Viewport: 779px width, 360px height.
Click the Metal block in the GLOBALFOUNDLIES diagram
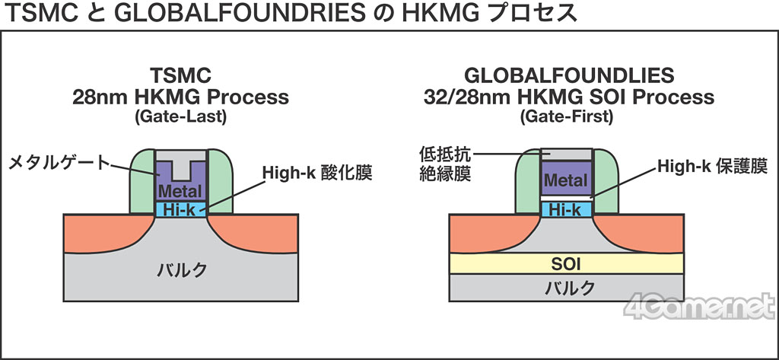(x=567, y=180)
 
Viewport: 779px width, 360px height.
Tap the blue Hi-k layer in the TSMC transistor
(x=180, y=209)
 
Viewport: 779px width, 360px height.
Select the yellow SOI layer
(x=567, y=263)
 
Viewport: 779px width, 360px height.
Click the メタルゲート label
(x=57, y=161)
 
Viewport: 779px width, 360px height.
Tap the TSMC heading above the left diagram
(x=180, y=75)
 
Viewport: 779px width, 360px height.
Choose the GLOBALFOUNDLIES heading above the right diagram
(x=567, y=75)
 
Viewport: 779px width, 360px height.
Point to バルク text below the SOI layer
(x=567, y=288)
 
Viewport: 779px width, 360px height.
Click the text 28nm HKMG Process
(x=180, y=97)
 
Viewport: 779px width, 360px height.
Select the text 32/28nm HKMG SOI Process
(x=567, y=97)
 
